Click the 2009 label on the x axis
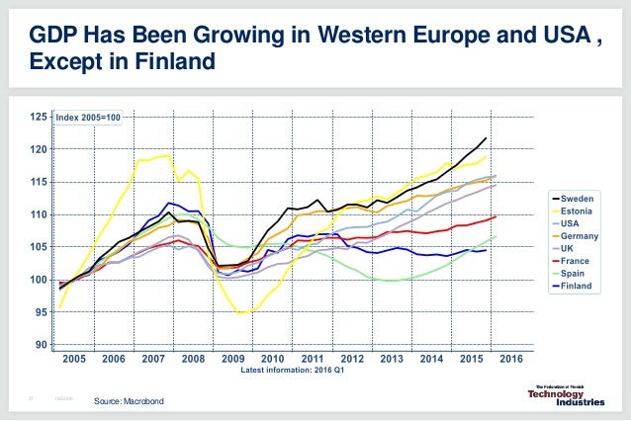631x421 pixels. point(233,359)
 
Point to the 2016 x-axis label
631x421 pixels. point(510,359)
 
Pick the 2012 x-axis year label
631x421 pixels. point(352,359)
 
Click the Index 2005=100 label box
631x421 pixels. point(88,118)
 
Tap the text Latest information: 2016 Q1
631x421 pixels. point(294,372)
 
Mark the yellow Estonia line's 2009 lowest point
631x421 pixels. point(240,313)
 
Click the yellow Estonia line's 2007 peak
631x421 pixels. point(163,154)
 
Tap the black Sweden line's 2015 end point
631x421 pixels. point(486,137)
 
